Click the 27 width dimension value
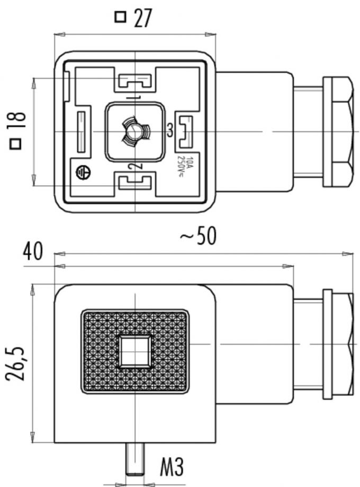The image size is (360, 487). (x=142, y=17)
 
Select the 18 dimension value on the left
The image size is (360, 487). (x=17, y=123)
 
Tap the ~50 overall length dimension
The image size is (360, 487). (x=199, y=236)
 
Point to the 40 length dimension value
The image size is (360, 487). (x=33, y=252)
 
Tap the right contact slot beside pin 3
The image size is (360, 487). (x=185, y=131)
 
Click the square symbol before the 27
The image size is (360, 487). (x=121, y=17)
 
